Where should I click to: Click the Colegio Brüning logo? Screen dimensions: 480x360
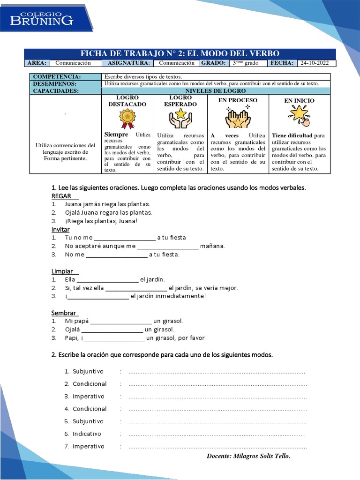tap(43, 18)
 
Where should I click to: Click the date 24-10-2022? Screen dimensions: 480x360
tap(315, 63)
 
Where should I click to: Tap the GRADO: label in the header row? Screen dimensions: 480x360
tap(214, 63)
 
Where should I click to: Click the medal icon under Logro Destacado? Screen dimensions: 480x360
tap(127, 119)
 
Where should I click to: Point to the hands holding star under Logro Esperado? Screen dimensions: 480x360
tap(180, 119)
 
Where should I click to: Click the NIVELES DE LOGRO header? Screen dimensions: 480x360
tap(216, 91)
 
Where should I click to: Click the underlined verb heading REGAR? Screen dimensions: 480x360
tap(61, 196)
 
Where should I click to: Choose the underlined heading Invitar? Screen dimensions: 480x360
tap(60, 229)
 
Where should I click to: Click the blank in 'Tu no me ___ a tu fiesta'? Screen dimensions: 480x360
tap(125, 238)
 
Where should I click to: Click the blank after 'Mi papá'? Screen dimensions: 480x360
tap(121, 322)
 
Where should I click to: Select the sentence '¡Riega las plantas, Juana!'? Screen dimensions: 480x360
tap(101, 221)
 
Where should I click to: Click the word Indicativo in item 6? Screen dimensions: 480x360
tap(87, 434)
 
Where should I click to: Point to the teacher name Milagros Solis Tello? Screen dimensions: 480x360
tap(248, 456)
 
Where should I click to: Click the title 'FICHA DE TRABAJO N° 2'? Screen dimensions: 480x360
tap(180, 53)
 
